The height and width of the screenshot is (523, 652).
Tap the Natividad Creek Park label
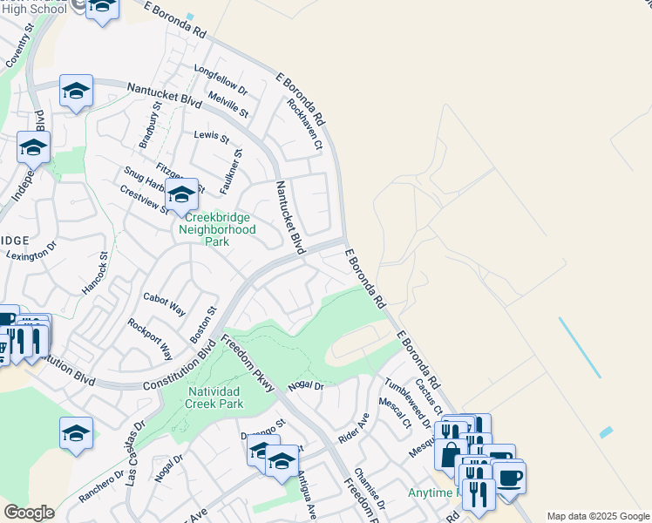215,398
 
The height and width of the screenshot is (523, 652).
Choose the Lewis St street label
211,138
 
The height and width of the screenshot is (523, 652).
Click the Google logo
29,513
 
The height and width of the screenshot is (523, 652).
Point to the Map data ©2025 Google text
597,516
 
